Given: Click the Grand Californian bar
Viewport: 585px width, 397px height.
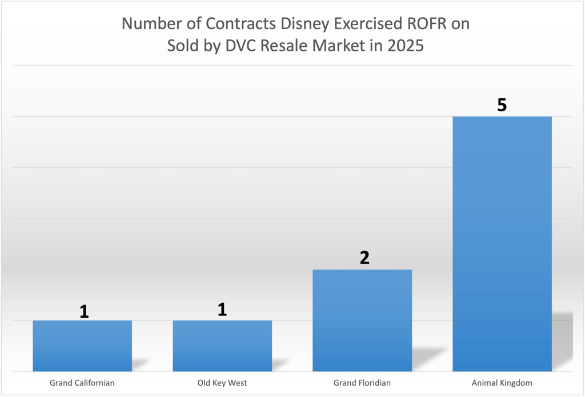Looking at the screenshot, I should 82,346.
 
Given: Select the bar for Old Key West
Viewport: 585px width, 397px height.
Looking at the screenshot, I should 222,346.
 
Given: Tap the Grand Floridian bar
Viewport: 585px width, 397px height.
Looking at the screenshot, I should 362,320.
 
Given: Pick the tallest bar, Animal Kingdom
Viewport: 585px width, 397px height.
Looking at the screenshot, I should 502,244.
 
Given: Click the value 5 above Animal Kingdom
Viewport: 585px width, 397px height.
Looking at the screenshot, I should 502,105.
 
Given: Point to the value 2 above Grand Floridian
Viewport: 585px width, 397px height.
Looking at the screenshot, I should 364,258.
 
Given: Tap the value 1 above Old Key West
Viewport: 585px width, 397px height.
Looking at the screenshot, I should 222,309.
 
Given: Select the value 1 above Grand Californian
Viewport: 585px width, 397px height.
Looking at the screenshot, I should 84,311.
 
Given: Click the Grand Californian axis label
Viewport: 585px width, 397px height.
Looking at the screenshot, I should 82,383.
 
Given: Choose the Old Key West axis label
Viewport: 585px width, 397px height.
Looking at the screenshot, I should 222,383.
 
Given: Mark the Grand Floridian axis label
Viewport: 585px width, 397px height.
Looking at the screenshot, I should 362,383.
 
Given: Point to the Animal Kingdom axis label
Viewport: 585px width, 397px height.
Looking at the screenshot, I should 502,383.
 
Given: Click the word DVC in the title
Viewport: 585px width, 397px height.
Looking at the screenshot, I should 239,46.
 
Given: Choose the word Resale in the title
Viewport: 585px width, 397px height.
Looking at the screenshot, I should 280,46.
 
